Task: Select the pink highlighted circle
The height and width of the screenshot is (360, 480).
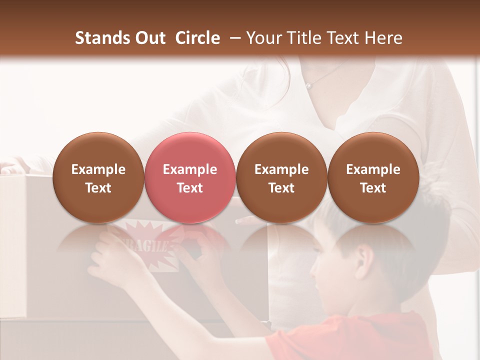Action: pos(189,177)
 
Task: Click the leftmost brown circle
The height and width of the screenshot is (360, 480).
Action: pos(98,177)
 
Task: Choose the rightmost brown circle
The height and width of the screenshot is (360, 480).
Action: pos(373,177)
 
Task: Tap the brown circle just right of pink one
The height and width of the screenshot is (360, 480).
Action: pos(281,177)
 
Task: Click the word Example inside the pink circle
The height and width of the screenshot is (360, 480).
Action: pos(189,169)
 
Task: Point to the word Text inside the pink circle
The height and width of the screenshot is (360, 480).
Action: pos(189,188)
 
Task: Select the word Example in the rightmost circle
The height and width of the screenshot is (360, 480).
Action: pos(373,169)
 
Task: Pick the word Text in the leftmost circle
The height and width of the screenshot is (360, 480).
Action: pos(98,188)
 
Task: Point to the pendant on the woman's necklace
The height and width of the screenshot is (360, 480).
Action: pos(309,86)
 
